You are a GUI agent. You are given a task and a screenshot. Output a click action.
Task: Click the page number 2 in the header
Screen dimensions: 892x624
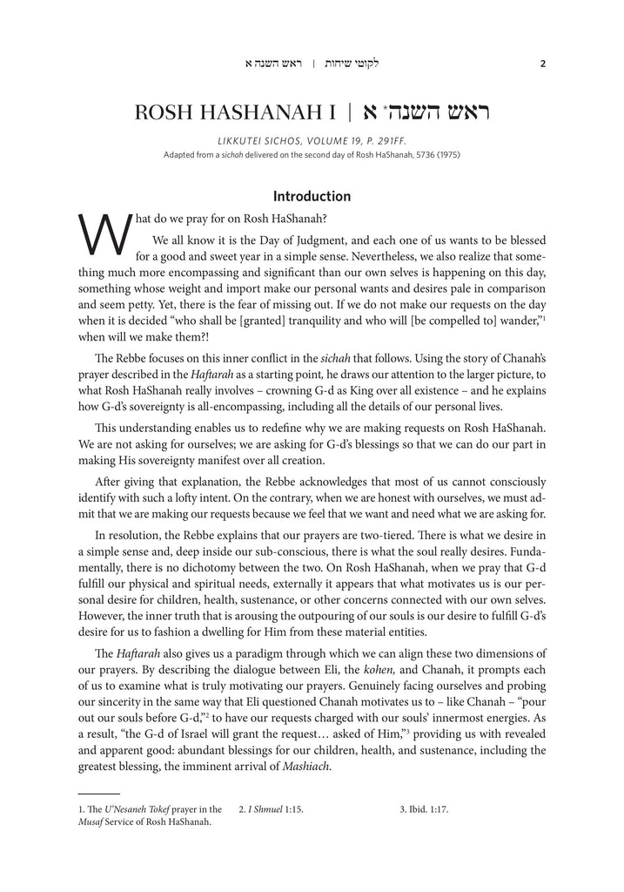pyautogui.click(x=542, y=64)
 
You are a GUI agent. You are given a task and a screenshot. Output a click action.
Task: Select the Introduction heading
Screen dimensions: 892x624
pyautogui.click(x=312, y=196)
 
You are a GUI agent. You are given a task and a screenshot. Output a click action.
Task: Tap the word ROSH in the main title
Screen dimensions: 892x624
pyautogui.click(x=168, y=116)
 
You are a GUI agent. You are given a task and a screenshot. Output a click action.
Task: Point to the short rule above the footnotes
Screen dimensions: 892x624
pyautogui.click(x=98, y=794)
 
